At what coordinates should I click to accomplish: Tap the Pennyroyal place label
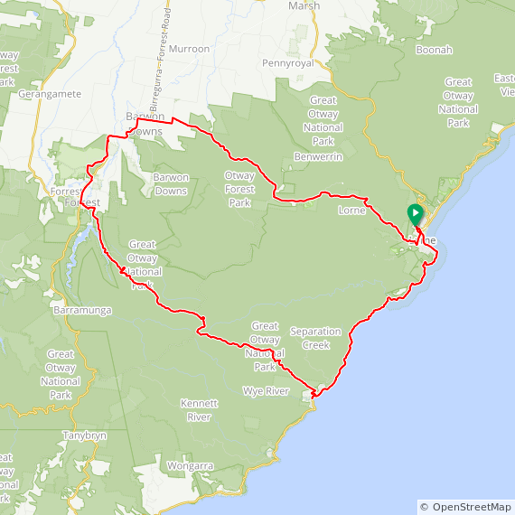286,63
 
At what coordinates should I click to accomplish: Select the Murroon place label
189,49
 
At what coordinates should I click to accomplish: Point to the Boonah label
434,50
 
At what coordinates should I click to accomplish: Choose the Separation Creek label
323,338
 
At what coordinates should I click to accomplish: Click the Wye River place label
265,391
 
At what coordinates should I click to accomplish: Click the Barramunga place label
81,311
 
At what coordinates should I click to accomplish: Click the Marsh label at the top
304,5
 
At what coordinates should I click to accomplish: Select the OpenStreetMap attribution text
465,507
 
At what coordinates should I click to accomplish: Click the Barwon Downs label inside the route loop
171,183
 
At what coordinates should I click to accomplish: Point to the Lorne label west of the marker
351,210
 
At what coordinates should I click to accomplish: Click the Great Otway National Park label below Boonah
458,102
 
